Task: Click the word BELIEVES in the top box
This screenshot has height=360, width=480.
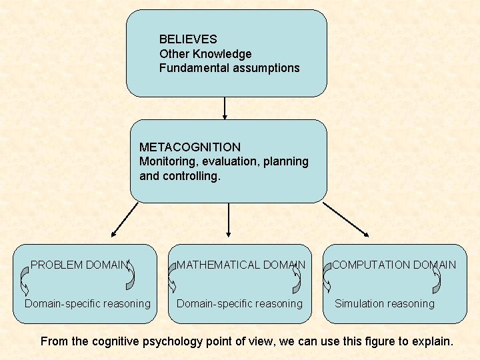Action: [x=188, y=40]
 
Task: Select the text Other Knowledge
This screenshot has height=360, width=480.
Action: [x=205, y=54]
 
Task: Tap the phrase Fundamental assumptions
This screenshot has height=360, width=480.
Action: [x=229, y=68]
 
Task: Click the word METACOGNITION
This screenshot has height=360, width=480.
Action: [x=190, y=147]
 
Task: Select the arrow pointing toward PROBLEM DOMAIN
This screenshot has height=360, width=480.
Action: [x=125, y=220]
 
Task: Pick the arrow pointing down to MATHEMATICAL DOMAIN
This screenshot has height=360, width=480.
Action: [x=229, y=220]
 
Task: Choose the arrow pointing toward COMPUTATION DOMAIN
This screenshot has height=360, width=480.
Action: [x=345, y=219]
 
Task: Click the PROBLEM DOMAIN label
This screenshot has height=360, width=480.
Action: [x=79, y=265]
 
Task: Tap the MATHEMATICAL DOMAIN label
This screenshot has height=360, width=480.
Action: [x=241, y=265]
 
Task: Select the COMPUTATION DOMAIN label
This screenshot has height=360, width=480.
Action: [x=394, y=265]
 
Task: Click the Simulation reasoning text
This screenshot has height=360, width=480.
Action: [x=384, y=304]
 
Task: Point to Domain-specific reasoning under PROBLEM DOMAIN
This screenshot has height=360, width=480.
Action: [x=87, y=304]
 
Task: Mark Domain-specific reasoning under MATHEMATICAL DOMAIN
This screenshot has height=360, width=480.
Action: [x=239, y=304]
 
